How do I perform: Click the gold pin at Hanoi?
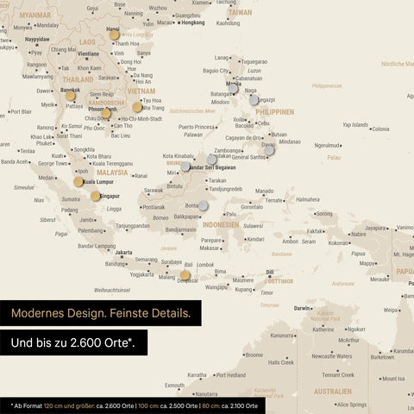(114, 35)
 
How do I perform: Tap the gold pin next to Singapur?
(96, 196)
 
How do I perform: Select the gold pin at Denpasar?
(185, 276)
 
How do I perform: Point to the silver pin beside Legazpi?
(254, 100)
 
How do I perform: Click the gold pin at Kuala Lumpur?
(78, 181)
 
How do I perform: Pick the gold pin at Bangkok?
(70, 96)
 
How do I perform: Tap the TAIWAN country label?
(241, 13)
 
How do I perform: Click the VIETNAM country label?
(141, 90)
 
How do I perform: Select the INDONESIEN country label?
(221, 224)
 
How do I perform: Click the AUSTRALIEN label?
(332, 391)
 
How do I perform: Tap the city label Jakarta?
(124, 253)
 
